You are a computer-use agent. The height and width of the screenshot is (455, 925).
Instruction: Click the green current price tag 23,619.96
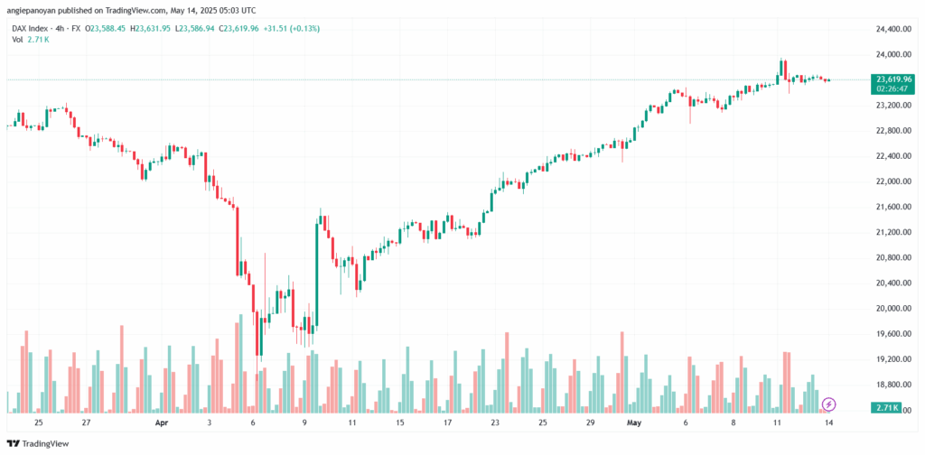892,79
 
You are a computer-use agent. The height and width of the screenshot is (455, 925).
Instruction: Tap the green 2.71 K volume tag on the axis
888,408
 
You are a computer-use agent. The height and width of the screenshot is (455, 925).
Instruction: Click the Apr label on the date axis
162,422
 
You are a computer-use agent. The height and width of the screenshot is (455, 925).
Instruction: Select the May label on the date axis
632,422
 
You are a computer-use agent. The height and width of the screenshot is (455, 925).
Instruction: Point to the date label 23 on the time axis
494,422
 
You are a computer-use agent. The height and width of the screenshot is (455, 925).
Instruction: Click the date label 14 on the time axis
828,422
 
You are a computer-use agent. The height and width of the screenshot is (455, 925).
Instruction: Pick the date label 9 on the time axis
305,422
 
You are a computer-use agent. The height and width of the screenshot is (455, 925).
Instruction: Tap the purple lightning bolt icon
828,404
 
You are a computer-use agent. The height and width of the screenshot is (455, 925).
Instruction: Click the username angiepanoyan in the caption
34,10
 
